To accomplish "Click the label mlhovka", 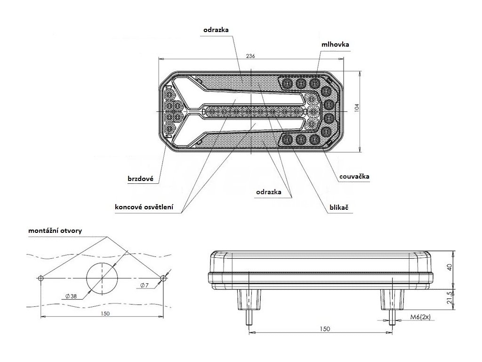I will click(x=335, y=45).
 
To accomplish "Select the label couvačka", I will click(x=353, y=177).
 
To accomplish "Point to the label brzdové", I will click(x=141, y=179).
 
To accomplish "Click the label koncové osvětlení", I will click(x=145, y=206).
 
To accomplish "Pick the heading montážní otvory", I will click(x=55, y=230).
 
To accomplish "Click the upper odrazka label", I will click(x=216, y=29).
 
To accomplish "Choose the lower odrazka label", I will click(x=269, y=192).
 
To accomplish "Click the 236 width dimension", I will click(x=250, y=56).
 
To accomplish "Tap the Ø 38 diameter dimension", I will click(x=70, y=296).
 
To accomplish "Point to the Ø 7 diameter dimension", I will click(x=145, y=286).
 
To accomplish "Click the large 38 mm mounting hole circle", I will click(x=102, y=278).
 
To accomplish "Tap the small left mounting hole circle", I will click(x=41, y=278).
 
